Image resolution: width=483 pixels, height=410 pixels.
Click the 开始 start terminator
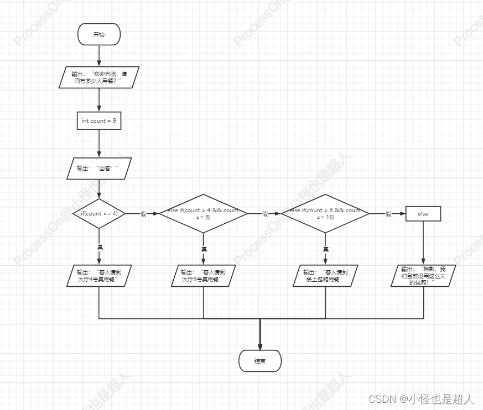98,34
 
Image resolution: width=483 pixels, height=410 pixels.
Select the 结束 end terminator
260,361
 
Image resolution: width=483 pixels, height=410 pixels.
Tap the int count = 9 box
99,120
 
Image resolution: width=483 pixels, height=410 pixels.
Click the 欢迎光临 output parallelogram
99,77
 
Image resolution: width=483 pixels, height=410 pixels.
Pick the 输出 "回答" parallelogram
99,169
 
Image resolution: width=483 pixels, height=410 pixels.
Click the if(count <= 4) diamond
100,213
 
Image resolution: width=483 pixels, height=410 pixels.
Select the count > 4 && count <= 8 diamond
204,213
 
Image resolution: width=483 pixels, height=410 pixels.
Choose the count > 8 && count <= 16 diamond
325,213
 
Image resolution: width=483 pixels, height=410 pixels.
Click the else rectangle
423,213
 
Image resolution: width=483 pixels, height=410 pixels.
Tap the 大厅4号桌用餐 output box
99,276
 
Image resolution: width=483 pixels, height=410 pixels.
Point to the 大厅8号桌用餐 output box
204,276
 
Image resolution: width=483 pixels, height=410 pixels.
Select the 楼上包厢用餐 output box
325,276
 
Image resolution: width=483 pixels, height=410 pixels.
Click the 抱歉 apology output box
423,275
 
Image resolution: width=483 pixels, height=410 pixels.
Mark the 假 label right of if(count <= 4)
143,214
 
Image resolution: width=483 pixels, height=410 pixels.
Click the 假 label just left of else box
388,214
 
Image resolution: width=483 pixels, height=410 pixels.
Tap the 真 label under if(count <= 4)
100,247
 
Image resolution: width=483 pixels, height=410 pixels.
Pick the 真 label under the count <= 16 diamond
326,250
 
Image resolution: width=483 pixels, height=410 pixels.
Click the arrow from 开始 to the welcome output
99,55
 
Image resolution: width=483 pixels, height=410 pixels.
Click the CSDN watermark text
421,398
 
